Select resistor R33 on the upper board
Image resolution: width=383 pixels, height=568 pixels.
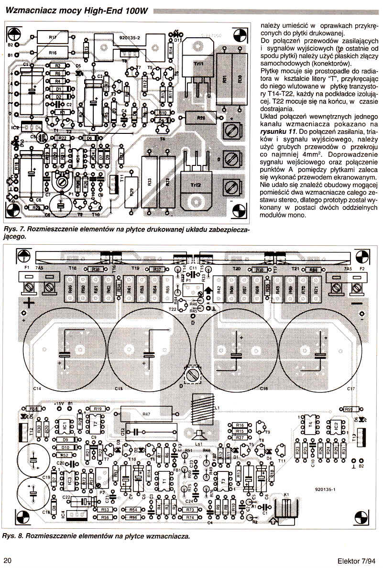click(x=149, y=182)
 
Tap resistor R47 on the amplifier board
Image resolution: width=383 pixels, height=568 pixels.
click(x=146, y=413)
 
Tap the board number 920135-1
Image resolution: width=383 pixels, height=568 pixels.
click(x=327, y=489)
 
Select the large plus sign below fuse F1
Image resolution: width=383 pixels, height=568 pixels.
click(x=30, y=303)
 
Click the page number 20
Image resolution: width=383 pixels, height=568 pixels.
click(x=8, y=560)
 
